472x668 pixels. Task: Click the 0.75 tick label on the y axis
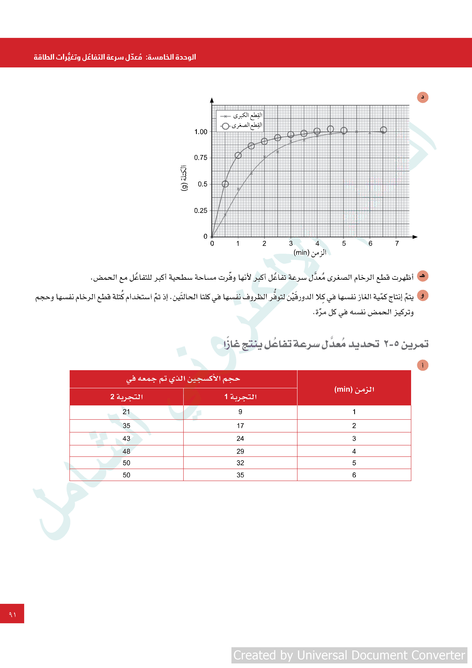pos(201,158)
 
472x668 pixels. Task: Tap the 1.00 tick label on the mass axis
pos(201,132)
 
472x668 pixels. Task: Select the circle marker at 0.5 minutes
pos(225,184)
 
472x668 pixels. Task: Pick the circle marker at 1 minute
pos(238,155)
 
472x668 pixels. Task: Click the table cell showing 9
pos(240,412)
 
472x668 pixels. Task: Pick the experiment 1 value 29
pos(240,451)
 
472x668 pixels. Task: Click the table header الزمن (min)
pos(354,389)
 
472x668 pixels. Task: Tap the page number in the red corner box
pos(12,614)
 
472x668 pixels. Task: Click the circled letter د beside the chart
pos(423,97)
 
